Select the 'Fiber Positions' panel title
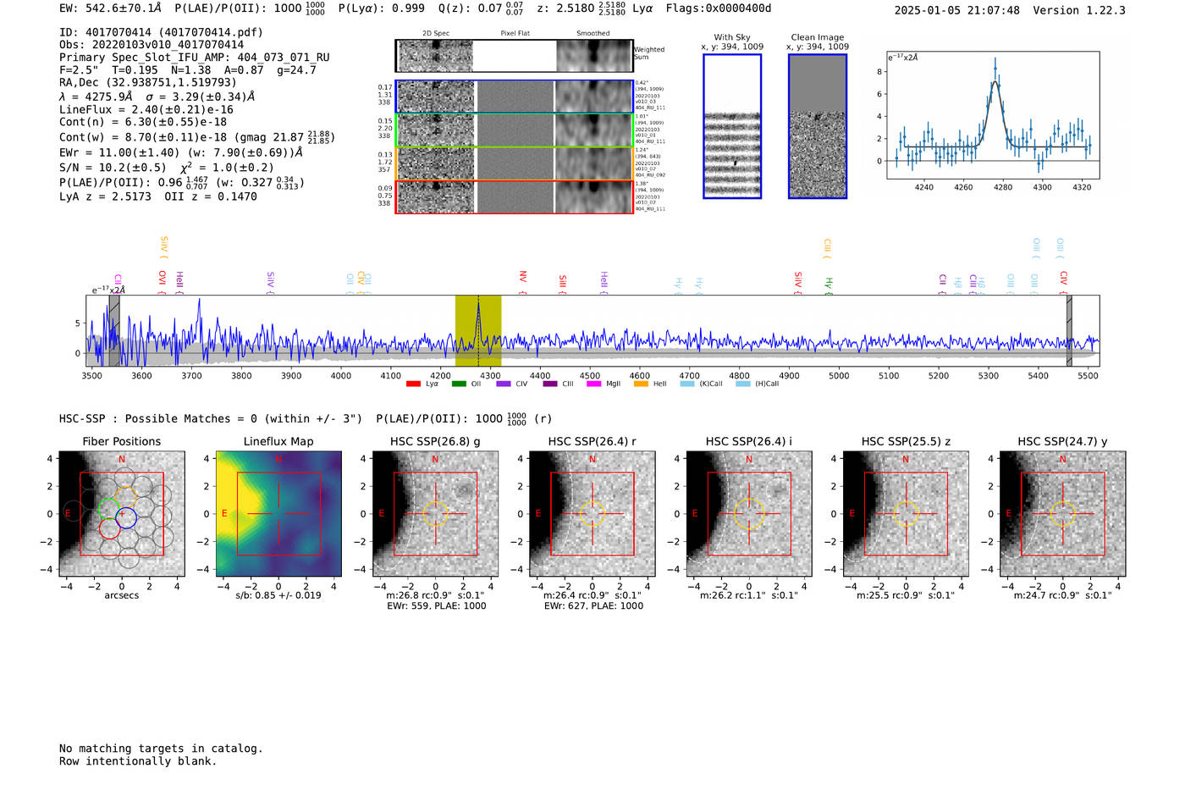pyautogui.click(x=121, y=441)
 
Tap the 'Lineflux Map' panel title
pyautogui.click(x=278, y=441)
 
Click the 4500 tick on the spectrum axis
pyautogui.click(x=590, y=375)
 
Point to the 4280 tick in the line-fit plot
pyautogui.click(x=1003, y=187)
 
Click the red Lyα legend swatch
pyautogui.click(x=413, y=384)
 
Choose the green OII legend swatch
pyautogui.click(x=459, y=384)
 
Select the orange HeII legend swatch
pyautogui.click(x=641, y=384)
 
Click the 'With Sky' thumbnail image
pyautogui.click(x=732, y=126)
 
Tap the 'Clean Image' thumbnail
pyautogui.click(x=818, y=126)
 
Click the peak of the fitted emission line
pyautogui.click(x=995, y=82)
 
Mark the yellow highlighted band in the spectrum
pyautogui.click(x=478, y=330)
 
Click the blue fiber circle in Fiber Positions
pyautogui.click(x=126, y=517)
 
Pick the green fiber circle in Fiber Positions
pyautogui.click(x=107, y=508)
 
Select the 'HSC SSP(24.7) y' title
pyautogui.click(x=1062, y=441)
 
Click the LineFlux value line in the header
pyautogui.click(x=146, y=109)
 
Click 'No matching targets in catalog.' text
pyautogui.click(x=161, y=749)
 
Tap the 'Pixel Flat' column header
pyautogui.click(x=515, y=34)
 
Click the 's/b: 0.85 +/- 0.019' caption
pyautogui.click(x=278, y=595)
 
